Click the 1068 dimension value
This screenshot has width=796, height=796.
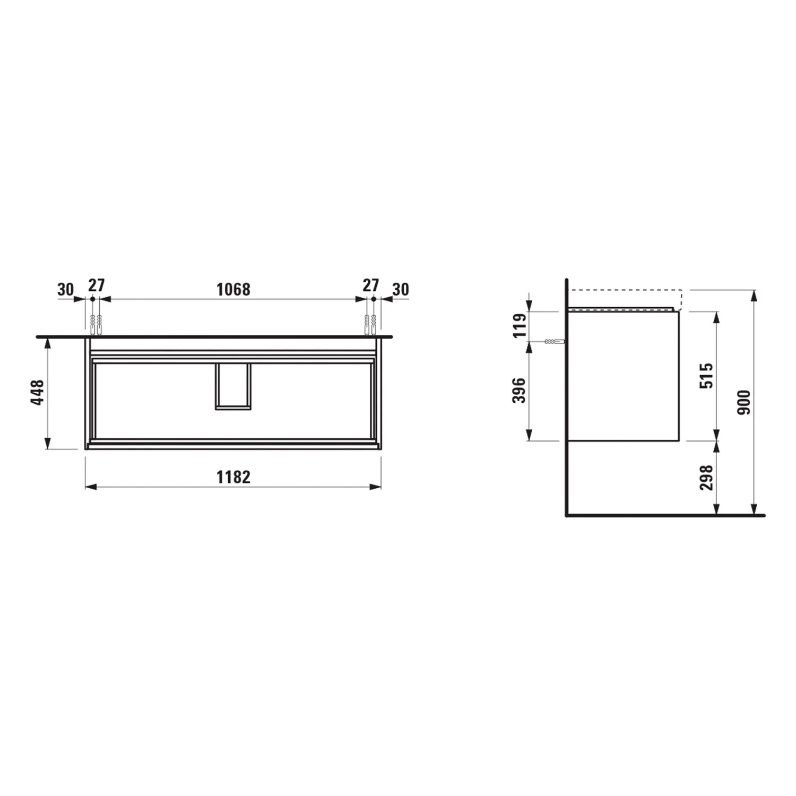point(233,290)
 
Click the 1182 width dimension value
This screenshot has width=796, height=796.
point(233,477)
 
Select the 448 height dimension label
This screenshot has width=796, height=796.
point(38,393)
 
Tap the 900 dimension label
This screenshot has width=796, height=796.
point(745,402)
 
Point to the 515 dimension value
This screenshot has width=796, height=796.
point(706,375)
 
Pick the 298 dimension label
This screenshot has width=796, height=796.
point(706,477)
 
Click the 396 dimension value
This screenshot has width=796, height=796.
point(520,390)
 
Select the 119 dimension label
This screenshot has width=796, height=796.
point(520,325)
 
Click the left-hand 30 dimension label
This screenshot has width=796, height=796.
point(65,290)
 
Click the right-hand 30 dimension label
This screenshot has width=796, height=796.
point(401,290)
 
